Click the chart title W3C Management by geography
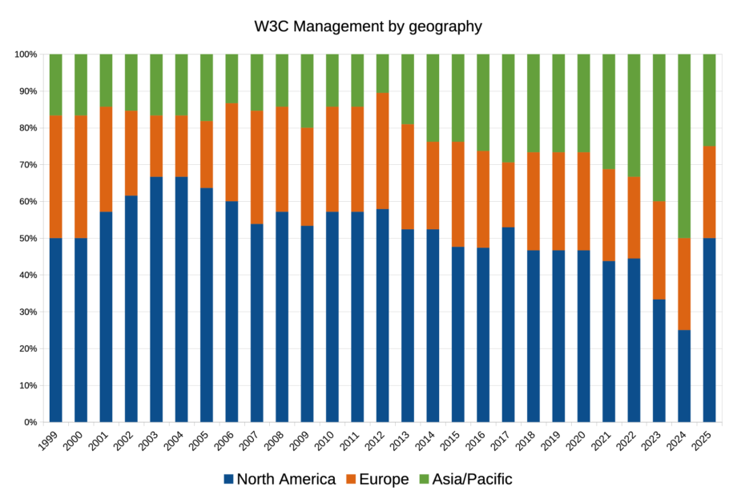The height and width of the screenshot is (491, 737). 368,26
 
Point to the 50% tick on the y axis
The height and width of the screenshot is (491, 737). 26,239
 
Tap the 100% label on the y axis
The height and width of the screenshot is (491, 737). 25,54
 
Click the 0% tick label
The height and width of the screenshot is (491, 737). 30,422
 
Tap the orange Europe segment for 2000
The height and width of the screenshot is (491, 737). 81,176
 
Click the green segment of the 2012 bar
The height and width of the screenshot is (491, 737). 383,73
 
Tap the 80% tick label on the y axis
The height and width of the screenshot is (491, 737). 26,128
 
